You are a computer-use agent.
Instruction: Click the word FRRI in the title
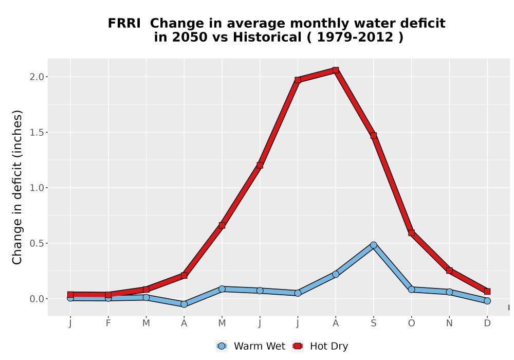[124, 23]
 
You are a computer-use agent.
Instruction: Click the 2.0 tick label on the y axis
[36, 77]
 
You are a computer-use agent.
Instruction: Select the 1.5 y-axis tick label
[36, 132]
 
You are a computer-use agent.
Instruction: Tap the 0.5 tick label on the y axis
[36, 243]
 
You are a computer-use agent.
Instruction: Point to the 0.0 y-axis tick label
[36, 299]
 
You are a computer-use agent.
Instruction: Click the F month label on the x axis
[108, 323]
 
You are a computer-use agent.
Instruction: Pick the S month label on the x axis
[373, 323]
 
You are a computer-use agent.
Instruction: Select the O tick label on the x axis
[411, 323]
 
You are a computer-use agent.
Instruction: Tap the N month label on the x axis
[449, 323]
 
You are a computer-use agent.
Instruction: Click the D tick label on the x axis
[487, 323]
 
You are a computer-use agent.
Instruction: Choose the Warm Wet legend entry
[251, 346]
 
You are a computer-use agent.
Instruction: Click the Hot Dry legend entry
[320, 346]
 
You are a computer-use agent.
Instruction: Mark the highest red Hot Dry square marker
[336, 70]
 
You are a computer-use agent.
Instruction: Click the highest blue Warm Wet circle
[373, 245]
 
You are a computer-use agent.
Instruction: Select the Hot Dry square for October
[411, 233]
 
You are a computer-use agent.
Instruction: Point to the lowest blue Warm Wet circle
[184, 304]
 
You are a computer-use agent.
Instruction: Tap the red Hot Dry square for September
[373, 135]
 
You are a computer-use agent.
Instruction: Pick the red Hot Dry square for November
[449, 271]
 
